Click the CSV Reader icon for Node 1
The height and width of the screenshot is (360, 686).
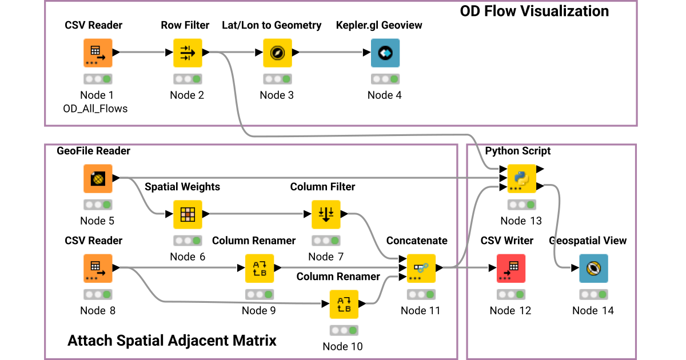click(98, 53)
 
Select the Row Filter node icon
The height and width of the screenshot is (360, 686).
click(188, 53)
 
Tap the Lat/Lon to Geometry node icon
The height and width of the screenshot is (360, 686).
click(277, 53)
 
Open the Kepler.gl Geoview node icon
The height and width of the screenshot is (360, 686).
click(385, 53)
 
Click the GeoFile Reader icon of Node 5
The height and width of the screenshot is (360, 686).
click(98, 179)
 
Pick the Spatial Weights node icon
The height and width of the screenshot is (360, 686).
click(188, 214)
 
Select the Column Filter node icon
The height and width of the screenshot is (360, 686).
click(326, 214)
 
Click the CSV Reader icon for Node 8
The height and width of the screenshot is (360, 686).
click(98, 269)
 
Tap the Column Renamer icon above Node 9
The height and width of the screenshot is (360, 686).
click(260, 269)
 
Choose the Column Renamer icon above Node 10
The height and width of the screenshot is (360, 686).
click(344, 304)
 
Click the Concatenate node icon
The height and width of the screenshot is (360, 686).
click(421, 269)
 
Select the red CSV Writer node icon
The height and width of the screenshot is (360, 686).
click(510, 269)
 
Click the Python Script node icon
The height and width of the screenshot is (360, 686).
click(521, 179)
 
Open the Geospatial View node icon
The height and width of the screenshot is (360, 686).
click(593, 269)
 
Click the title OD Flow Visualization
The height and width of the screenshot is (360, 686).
click(534, 11)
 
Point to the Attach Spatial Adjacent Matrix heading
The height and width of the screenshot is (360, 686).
click(172, 341)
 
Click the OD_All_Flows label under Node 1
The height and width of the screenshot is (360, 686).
click(95, 109)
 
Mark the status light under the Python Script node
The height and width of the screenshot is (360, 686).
click(521, 205)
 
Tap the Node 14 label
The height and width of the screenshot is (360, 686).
click(593, 310)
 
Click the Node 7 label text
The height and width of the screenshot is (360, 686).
click(326, 257)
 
